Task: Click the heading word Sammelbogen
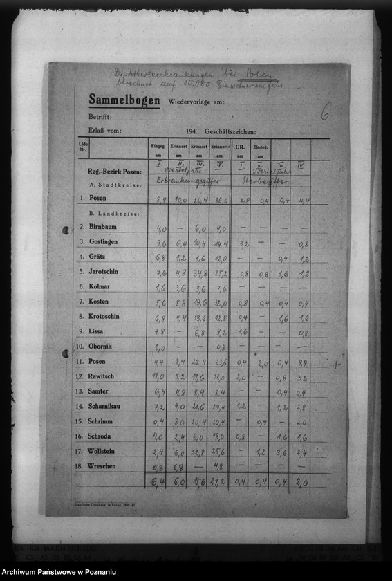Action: pos(124,100)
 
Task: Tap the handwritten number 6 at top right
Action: pos(325,111)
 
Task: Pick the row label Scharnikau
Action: pos(108,406)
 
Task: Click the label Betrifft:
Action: pos(100,117)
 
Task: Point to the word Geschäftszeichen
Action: pos(230,131)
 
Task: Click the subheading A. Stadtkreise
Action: pos(115,185)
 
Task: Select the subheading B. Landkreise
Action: pos(115,214)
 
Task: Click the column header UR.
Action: pos(239,147)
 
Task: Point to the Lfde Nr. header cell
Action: pos(83,147)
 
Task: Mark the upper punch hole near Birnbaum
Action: pos(65,230)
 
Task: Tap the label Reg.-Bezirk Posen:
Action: pos(115,172)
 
